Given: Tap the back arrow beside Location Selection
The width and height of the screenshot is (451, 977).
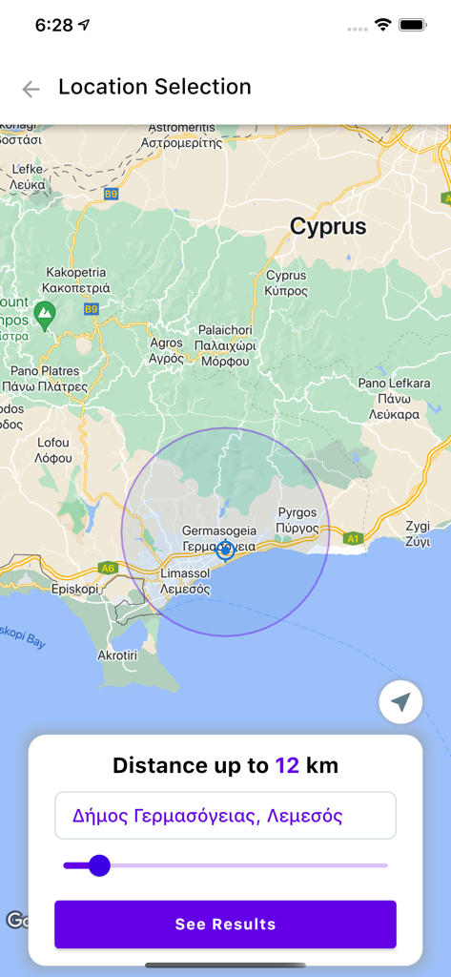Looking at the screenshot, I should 31,90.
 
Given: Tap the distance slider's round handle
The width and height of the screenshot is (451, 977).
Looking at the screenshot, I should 99,865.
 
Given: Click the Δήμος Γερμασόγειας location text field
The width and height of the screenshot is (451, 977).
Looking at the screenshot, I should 225,816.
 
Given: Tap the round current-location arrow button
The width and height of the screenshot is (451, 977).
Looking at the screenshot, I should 400,702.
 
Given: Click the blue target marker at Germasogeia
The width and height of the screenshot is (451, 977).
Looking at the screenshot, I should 225,550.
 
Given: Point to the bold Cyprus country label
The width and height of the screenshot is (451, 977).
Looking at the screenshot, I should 328,227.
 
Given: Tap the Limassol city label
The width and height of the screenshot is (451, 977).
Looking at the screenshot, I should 184,581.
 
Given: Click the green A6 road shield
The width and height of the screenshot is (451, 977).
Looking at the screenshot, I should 107,568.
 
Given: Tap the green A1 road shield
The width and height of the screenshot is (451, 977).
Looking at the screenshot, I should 354,539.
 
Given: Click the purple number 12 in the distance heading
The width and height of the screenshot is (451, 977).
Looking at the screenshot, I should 287,765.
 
